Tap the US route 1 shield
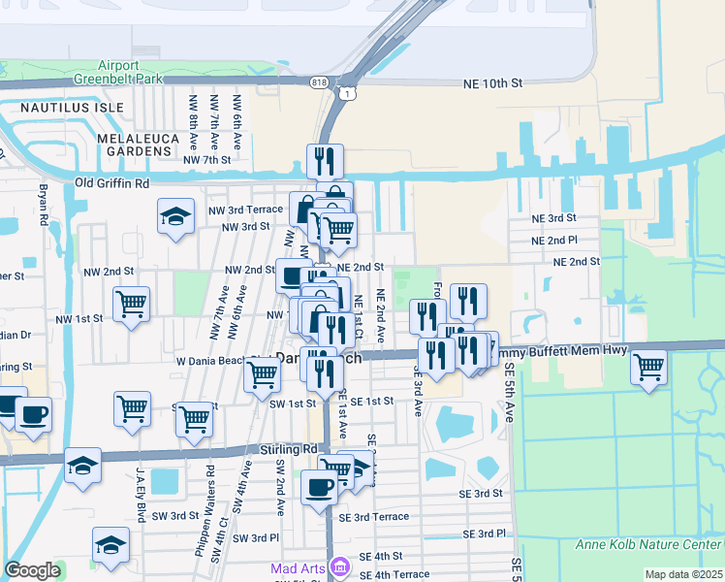coord(345,93)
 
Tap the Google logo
coord(32,569)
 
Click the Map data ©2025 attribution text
coord(683,574)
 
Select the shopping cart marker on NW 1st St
coord(131,304)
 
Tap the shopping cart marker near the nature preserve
coord(647,368)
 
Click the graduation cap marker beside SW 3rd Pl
coord(111,545)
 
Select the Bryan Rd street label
coord(43,206)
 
